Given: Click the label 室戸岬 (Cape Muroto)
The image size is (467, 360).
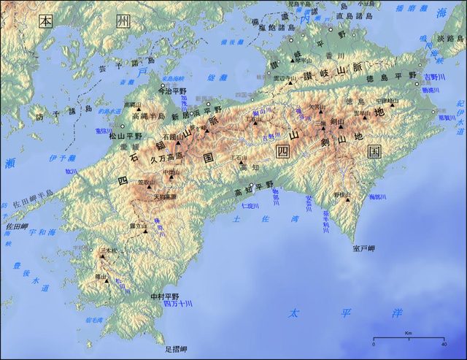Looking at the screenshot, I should point(363,248).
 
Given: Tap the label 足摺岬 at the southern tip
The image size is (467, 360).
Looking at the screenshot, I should point(177,350).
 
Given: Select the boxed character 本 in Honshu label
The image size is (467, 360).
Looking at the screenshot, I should point(45,20).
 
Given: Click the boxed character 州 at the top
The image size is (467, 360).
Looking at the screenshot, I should point(122,20).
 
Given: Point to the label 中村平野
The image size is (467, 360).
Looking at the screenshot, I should point(164,296).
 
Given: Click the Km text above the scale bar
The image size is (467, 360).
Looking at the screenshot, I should point(409,333).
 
